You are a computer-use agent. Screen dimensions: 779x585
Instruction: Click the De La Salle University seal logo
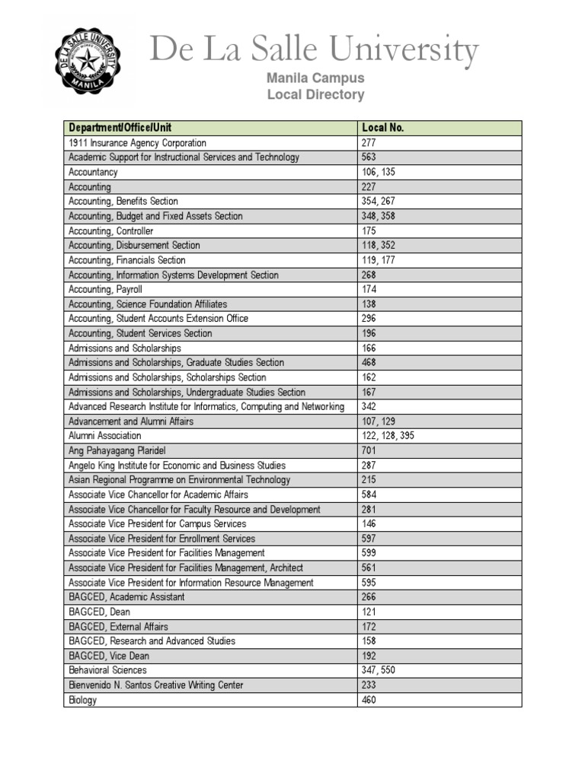[86, 60]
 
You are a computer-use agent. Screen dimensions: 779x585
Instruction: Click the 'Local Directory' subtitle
[315, 95]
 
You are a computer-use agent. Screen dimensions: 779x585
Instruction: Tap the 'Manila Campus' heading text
[315, 78]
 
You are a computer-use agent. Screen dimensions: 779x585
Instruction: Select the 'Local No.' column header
[382, 128]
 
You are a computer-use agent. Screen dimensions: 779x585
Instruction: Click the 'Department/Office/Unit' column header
[126, 128]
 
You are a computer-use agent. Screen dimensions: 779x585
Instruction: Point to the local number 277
[369, 143]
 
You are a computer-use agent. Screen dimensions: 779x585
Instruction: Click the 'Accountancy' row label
[93, 172]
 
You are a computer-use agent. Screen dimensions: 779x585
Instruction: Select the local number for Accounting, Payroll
[369, 289]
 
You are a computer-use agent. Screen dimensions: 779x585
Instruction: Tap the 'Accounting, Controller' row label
[111, 231]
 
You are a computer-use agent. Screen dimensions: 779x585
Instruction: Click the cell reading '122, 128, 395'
[388, 436]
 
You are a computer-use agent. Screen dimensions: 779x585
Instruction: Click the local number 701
[369, 450]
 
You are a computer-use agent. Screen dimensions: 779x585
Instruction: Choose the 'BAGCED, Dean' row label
[99, 612]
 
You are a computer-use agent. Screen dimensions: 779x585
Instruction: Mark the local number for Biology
[369, 700]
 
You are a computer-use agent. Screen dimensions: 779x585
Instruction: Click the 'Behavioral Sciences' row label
[107, 670]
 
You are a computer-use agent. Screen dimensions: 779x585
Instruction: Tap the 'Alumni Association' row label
[105, 436]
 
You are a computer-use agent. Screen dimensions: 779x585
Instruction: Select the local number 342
[369, 407]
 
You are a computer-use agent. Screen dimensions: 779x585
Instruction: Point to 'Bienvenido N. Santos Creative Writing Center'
[156, 685]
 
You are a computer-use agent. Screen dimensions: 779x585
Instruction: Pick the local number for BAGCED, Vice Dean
[369, 656]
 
